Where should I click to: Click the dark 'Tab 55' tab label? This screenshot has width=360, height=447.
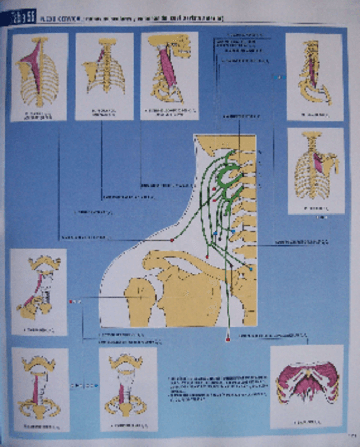pyautogui.click(x=21, y=17)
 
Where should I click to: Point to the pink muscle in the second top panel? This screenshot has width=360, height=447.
pyautogui.click(x=100, y=55)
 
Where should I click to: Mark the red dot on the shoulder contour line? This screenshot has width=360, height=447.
pyautogui.click(x=172, y=240)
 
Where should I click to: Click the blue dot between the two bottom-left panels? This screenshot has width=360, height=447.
pyautogui.click(x=96, y=386)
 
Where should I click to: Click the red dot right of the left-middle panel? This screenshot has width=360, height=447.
pyautogui.click(x=71, y=301)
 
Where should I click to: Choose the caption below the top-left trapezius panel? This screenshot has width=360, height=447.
pyautogui.click(x=38, y=114)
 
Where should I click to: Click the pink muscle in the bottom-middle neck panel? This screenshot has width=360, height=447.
pyautogui.click(x=123, y=393)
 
